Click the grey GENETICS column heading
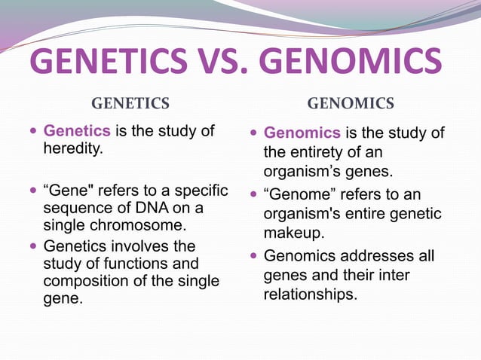coord(130,103)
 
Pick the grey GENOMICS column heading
coord(351,103)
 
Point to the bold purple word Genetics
coord(77,131)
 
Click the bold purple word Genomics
coord(302,134)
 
